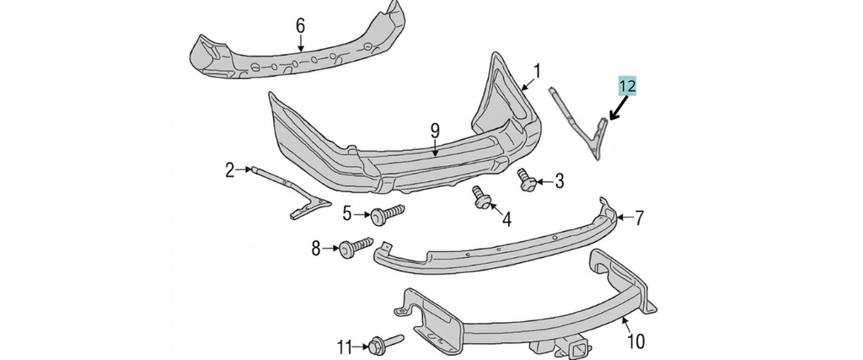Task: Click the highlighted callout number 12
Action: (x=626, y=85)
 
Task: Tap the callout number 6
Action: (x=300, y=25)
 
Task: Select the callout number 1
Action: (x=538, y=70)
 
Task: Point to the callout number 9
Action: (x=435, y=130)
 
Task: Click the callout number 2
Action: (x=229, y=170)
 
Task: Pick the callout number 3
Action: (x=559, y=180)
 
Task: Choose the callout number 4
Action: (x=506, y=221)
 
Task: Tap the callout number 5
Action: (x=346, y=214)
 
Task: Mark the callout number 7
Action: (x=640, y=218)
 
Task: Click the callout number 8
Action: (x=316, y=248)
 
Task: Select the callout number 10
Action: (x=635, y=341)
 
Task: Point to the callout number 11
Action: (x=343, y=347)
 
